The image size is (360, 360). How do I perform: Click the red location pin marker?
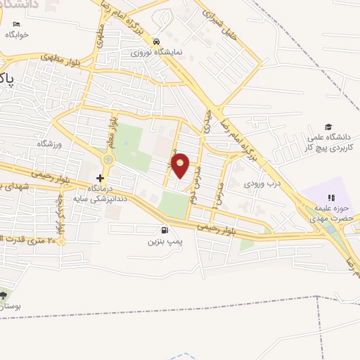click(181, 165)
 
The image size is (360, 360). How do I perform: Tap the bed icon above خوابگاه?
click(16, 24)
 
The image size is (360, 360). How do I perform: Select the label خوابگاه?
click(16, 34)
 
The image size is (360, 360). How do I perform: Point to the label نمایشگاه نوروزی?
click(150, 53)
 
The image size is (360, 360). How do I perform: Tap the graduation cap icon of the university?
click(329, 126)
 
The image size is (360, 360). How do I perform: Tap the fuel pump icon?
click(165, 230)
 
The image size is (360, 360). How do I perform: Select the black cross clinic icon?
click(100, 179)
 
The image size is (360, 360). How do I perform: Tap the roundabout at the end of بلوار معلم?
click(107, 160)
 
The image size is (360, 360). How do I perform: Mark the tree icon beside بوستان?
click(4, 294)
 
